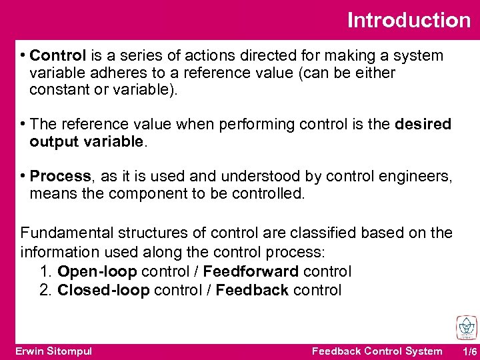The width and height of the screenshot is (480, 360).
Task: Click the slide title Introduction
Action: point(409,20)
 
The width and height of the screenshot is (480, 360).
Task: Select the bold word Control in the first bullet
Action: point(58,55)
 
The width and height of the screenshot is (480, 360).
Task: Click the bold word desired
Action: point(423,124)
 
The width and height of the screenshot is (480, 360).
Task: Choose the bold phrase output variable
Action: point(86,141)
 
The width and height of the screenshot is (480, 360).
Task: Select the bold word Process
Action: point(61,176)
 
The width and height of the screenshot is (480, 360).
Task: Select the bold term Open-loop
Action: point(97,271)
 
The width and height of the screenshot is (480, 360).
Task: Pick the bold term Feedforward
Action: point(251,271)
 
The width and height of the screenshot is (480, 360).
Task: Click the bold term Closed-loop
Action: point(103,290)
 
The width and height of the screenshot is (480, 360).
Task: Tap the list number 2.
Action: point(45,290)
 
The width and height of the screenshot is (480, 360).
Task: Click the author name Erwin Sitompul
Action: point(53,351)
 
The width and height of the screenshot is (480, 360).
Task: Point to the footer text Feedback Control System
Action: point(377,351)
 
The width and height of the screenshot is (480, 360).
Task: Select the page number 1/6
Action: point(469,351)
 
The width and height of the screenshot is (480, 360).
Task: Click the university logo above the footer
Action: point(466,328)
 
